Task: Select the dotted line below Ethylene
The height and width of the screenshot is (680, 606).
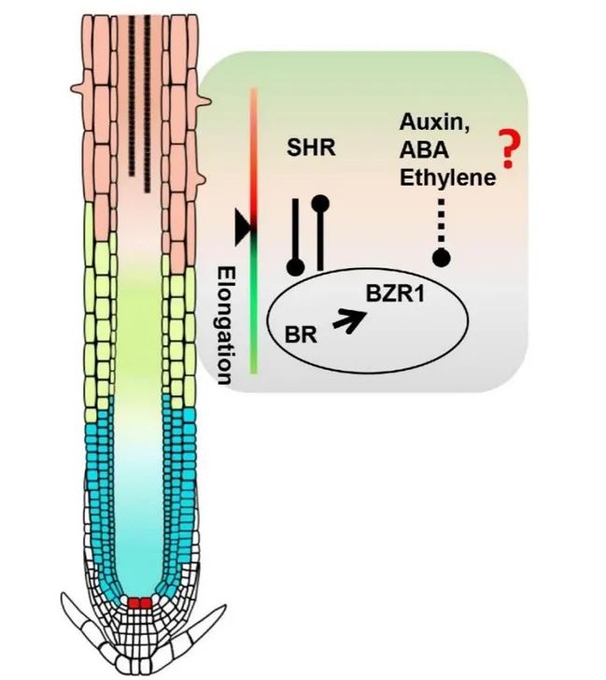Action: click(x=440, y=224)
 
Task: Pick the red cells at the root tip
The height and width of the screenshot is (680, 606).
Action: click(x=140, y=602)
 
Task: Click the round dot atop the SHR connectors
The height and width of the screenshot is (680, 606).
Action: click(x=320, y=201)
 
